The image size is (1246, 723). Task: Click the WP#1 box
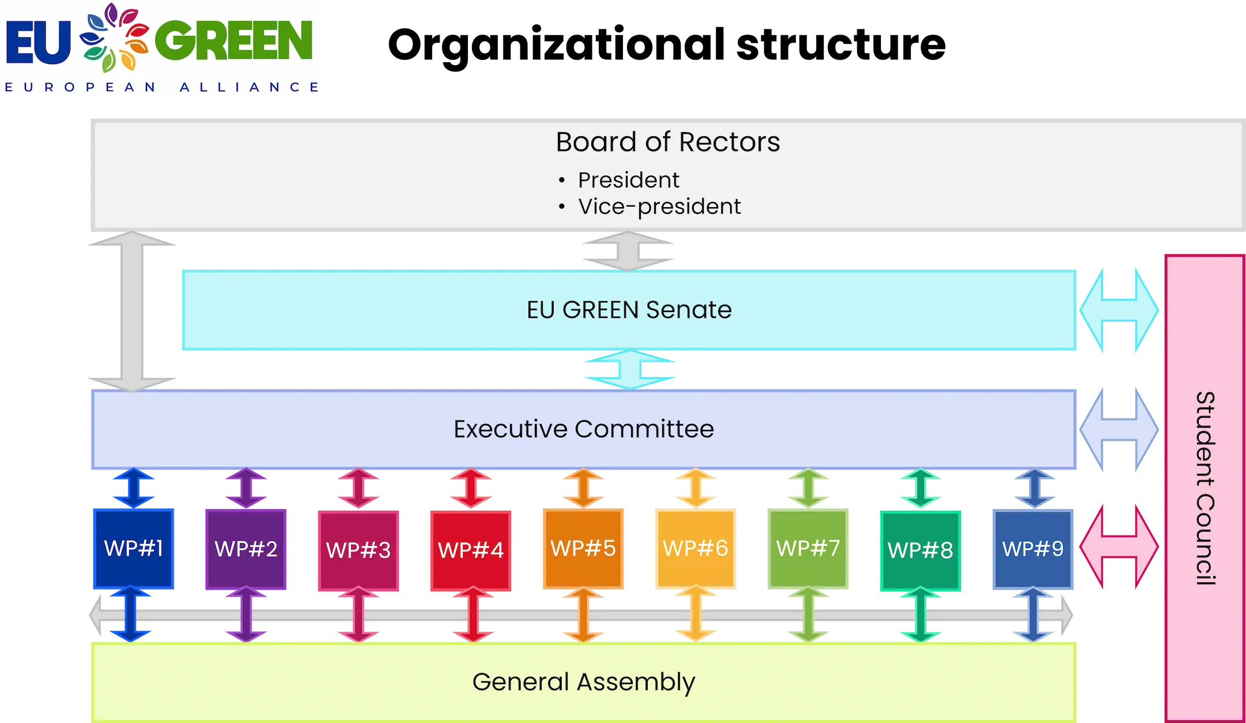pos(133,548)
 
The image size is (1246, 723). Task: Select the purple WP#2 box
pos(246,549)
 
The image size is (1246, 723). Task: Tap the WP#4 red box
pos(471,550)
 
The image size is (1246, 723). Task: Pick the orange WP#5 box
pos(583,548)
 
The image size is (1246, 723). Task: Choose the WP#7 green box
pos(808,548)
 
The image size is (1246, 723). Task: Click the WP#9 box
pos(1033,549)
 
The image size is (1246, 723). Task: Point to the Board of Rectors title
pos(667,142)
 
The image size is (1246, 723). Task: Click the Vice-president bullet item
pos(659,207)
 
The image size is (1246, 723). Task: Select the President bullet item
pos(628,180)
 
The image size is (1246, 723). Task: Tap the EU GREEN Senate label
pos(629,310)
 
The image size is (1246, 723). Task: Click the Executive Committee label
pos(583,429)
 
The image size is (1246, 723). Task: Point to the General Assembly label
pos(583,681)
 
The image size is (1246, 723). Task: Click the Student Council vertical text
pos(1205,488)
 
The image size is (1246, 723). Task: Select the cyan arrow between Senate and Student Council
pos(1119,310)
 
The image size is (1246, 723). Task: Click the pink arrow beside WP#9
pos(1119,546)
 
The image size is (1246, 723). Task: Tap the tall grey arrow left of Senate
pos(132,312)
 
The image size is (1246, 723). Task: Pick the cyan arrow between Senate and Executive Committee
pos(629,369)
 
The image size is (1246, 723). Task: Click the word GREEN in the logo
pos(234,40)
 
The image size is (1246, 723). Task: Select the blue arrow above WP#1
pos(133,488)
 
